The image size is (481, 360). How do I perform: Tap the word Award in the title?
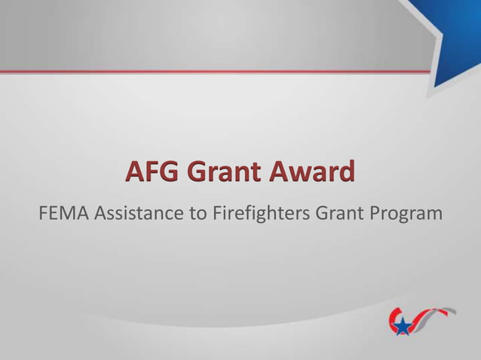[309, 172]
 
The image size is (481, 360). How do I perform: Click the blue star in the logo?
[404, 326]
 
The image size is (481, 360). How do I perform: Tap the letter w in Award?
[302, 174]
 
